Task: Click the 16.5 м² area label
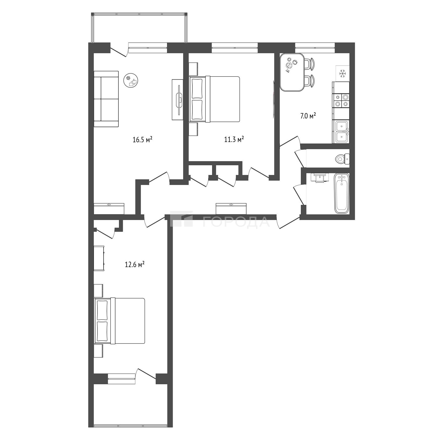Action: pyautogui.click(x=142, y=140)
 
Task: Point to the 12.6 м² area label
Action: pyautogui.click(x=135, y=264)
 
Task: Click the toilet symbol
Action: pyautogui.click(x=343, y=159)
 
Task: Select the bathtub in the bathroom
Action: pyautogui.click(x=342, y=193)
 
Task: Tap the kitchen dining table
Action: pyautogui.click(x=292, y=72)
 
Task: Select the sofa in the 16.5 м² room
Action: pyautogui.click(x=106, y=99)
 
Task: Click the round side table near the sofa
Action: pyautogui.click(x=131, y=81)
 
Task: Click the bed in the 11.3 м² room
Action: pyautogui.click(x=214, y=99)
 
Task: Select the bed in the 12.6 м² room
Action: pyautogui.click(x=119, y=321)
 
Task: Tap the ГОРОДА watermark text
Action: pyautogui.click(x=236, y=222)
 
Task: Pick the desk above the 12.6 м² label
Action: pyautogui.click(x=99, y=258)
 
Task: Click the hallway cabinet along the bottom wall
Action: pyautogui.click(x=231, y=209)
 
